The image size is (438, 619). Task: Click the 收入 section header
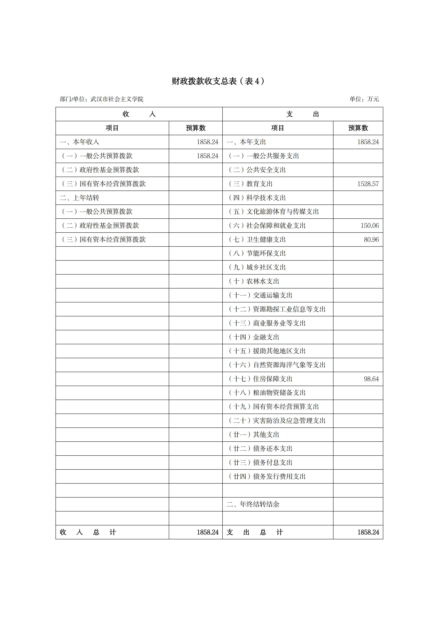139,114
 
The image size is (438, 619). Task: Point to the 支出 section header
302,114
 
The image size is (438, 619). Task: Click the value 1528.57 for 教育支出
368,184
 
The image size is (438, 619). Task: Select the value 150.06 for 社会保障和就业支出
370,226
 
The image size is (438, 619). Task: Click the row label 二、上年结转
79,198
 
